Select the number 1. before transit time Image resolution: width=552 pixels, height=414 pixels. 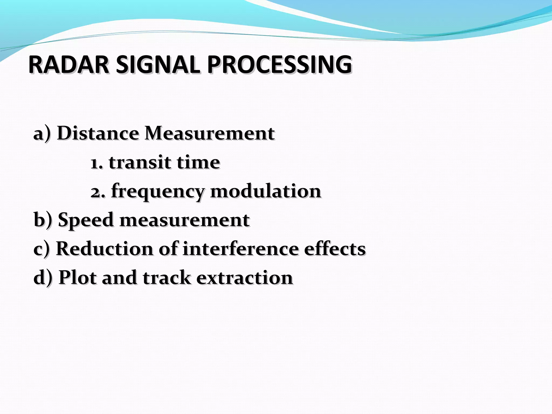click(x=97, y=163)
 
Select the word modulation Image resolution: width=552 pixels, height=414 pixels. click(x=265, y=191)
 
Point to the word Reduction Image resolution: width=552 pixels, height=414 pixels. click(x=105, y=249)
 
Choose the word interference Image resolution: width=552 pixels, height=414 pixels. click(x=240, y=249)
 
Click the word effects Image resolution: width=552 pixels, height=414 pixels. click(x=335, y=249)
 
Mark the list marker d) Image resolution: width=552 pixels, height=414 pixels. click(x=43, y=278)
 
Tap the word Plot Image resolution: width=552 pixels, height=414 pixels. click(x=77, y=278)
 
